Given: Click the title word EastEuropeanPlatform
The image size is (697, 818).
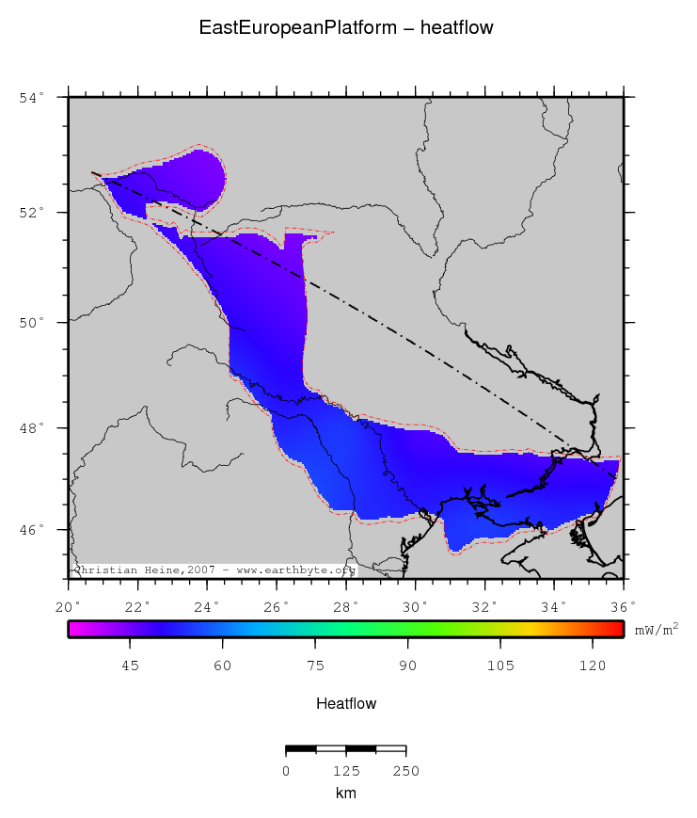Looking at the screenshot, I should coord(300,28).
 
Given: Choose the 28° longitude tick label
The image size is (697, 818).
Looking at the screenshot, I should coord(345,606).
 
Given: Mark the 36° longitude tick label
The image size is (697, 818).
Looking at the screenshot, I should coord(623,606).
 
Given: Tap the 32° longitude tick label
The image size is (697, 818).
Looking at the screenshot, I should coord(484,606).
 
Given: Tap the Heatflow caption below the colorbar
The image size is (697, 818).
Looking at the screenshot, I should coord(346,704).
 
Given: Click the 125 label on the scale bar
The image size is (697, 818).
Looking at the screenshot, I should coord(346,771).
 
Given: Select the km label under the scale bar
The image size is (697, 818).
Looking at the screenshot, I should coord(346,793).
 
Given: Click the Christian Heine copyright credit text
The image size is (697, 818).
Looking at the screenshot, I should coord(214,569).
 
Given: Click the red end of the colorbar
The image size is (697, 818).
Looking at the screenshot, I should coord(616,630).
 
